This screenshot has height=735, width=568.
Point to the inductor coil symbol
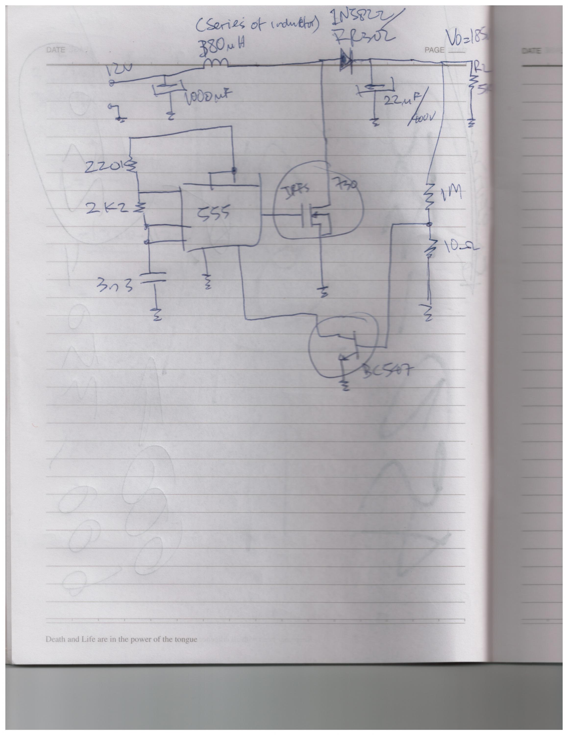click(x=216, y=62)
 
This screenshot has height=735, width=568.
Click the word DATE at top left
click(x=56, y=50)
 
